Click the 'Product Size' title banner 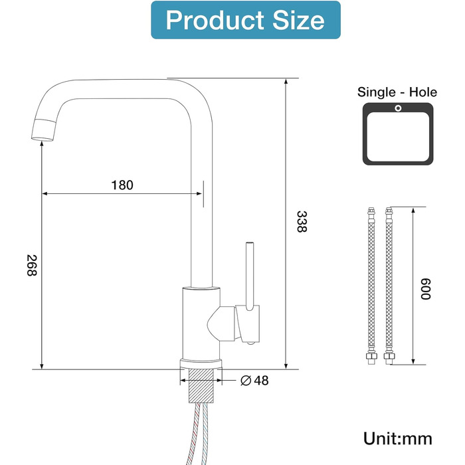[246, 20]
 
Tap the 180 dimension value [122, 185]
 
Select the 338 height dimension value [302, 221]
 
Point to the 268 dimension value [32, 266]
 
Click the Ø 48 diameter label [254, 381]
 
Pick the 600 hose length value [426, 289]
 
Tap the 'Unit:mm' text [398, 439]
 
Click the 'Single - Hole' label [397, 92]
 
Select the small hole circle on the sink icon [398, 108]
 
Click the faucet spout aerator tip [44, 130]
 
